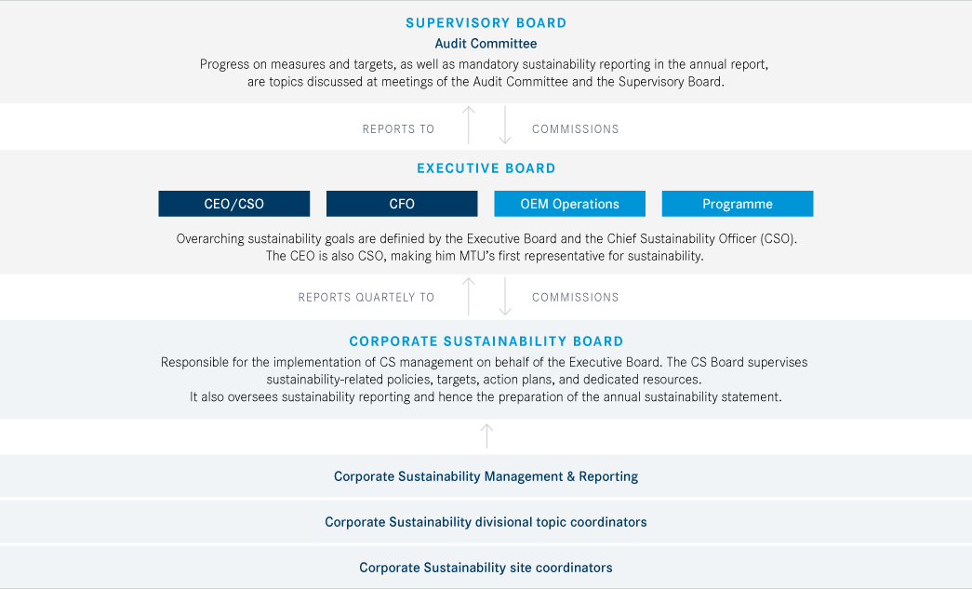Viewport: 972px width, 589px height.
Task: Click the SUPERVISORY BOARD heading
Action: (x=486, y=23)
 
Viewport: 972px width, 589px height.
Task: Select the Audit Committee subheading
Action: (x=486, y=44)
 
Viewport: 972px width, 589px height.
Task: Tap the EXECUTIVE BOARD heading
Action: (x=486, y=168)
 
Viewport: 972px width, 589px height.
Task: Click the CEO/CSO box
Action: (x=234, y=204)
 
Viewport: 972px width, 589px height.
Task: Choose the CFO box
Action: (x=402, y=204)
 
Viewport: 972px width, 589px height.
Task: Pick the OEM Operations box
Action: (x=569, y=204)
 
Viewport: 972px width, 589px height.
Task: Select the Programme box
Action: (x=738, y=204)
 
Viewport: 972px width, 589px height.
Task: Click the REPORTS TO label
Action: (x=399, y=129)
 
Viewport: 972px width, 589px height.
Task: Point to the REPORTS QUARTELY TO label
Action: (x=366, y=298)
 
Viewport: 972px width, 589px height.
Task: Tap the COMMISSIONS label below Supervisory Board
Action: (x=575, y=129)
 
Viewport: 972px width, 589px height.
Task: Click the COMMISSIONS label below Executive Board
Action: (x=575, y=298)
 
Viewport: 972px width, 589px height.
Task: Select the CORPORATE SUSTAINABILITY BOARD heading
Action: (x=486, y=341)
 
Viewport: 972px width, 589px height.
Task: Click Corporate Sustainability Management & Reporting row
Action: (x=486, y=476)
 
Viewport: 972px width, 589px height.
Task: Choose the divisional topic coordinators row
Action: (x=486, y=522)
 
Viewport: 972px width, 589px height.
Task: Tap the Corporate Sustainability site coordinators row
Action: (x=486, y=568)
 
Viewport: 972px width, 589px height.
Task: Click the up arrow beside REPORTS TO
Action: (x=469, y=126)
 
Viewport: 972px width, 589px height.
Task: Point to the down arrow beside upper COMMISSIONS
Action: (x=505, y=126)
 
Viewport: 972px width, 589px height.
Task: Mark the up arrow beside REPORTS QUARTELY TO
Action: (x=469, y=296)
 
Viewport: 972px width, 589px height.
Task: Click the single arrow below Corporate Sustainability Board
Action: (x=487, y=436)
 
